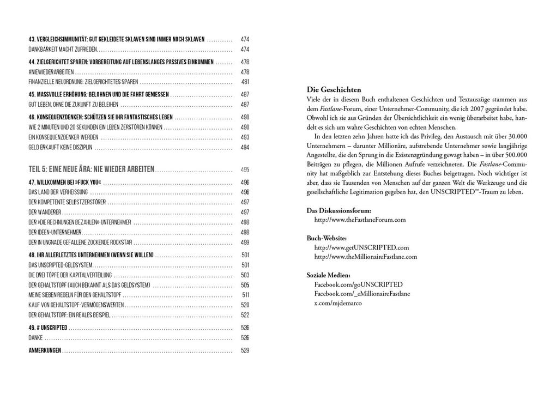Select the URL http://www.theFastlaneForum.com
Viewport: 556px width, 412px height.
tap(360, 220)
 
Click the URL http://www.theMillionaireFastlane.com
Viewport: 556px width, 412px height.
tap(366, 257)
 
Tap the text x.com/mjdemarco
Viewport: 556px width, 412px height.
tap(337, 303)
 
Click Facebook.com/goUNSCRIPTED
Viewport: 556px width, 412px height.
tap(358, 284)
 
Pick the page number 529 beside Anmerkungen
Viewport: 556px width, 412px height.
tap(245, 350)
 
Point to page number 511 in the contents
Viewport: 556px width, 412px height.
tap(245, 295)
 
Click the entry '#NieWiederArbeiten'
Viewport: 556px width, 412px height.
tap(51, 72)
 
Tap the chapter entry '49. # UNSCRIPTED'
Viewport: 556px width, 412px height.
tap(48, 328)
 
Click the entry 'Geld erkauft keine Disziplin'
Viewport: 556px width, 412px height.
tap(61, 147)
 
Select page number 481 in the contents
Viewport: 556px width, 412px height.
tap(245, 82)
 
